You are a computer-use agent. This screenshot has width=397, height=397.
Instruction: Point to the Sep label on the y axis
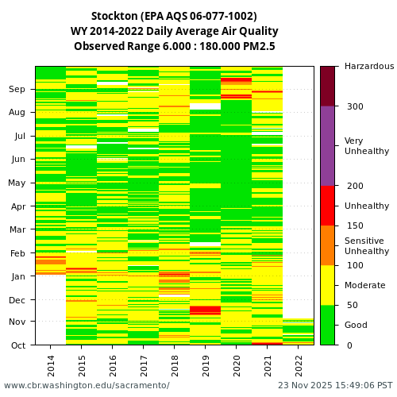[17, 90]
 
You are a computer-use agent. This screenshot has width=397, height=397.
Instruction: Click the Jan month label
[17, 277]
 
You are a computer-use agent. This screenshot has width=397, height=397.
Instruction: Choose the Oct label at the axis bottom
[17, 345]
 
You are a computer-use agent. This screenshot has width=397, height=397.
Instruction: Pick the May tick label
[17, 183]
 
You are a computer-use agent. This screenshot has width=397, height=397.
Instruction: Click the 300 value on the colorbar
[354, 106]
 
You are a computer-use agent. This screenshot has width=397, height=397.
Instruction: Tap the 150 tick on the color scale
[354, 225]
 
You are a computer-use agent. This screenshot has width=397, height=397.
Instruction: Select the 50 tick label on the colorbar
[352, 305]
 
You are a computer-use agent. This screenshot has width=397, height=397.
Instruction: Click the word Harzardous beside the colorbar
[369, 67]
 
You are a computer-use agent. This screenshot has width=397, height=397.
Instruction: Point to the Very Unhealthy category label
[367, 146]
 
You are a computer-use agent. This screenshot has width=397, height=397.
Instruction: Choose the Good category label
[356, 325]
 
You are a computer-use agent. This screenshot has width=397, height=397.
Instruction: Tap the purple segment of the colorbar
[327, 146]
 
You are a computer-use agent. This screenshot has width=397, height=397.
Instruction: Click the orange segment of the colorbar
[327, 245]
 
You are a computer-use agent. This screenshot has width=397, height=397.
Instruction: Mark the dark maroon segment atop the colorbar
[327, 86]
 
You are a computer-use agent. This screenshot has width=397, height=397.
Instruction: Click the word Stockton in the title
[117, 16]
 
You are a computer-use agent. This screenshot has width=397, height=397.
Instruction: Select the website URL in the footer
[87, 386]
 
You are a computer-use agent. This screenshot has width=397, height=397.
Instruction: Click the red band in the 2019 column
[206, 310]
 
